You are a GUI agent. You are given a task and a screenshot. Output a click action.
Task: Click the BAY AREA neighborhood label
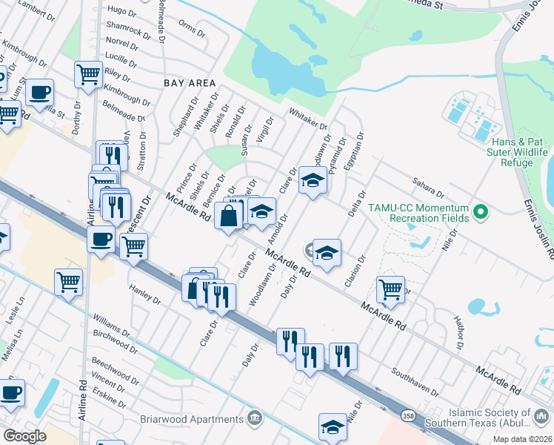click(x=190, y=84)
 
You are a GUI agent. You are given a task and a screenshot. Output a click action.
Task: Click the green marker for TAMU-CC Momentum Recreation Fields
click(x=481, y=213)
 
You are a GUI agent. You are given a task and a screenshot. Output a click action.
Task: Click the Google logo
click(x=24, y=436)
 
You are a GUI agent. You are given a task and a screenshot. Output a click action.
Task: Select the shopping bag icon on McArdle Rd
click(x=229, y=217)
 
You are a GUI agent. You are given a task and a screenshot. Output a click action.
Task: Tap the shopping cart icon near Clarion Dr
click(x=390, y=288)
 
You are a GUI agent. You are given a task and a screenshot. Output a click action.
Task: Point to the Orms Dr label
click(x=191, y=29)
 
